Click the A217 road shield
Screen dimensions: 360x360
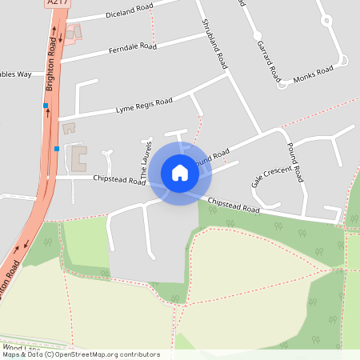tap(58, 3)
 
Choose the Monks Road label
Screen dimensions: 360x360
tap(313, 74)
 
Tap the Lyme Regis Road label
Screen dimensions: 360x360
tap(144, 104)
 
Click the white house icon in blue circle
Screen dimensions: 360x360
tap(180, 173)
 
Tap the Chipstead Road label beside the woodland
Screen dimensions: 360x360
tap(234, 206)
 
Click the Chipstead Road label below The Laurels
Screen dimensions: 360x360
tap(119, 180)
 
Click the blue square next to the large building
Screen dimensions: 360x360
tap(57, 148)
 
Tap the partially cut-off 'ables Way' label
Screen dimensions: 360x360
tap(16, 74)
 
